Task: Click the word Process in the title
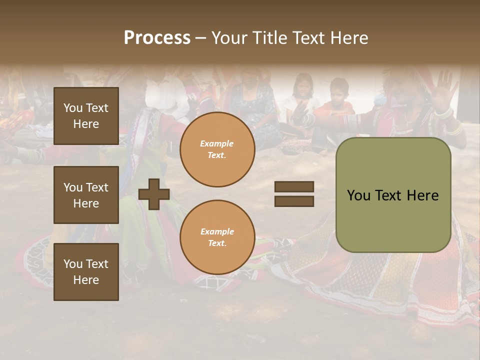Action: [x=157, y=38]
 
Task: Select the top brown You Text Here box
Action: [x=86, y=116]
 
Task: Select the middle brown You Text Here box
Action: [x=86, y=195]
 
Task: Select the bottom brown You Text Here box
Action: [x=86, y=272]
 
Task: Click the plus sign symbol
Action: [x=154, y=194]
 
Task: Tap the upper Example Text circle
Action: [x=217, y=149]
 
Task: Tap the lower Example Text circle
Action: [x=217, y=237]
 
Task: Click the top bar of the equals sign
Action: [x=294, y=187]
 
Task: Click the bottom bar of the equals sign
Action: [x=294, y=201]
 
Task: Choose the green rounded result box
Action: [x=393, y=195]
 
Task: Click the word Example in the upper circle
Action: [x=216, y=144]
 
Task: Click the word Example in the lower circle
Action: [x=217, y=231]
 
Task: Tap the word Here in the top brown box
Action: [x=86, y=124]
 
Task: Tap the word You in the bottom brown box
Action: [x=72, y=264]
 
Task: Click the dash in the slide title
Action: [x=200, y=38]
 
